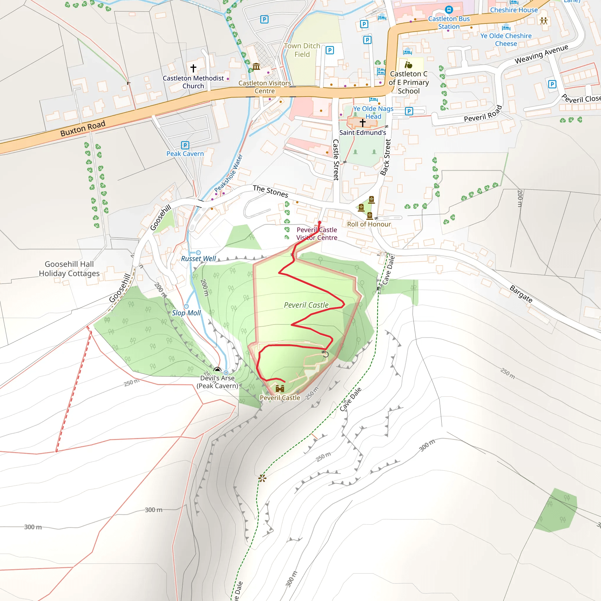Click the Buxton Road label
(83, 128)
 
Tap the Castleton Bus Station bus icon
(449, 10)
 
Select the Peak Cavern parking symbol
(185, 145)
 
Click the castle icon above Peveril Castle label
(280, 389)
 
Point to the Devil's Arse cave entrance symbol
(217, 370)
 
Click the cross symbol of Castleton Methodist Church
(193, 68)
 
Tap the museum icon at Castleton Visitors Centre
(256, 66)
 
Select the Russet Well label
(198, 259)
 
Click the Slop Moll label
(186, 313)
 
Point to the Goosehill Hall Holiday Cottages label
(69, 269)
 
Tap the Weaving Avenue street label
(541, 54)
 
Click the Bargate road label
(521, 294)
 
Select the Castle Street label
(336, 160)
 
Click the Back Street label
(386, 157)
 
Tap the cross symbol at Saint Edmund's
(362, 123)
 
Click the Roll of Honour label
(369, 224)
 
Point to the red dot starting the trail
(320, 222)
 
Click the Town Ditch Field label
(302, 50)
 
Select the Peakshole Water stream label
(228, 173)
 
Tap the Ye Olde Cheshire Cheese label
(506, 40)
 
